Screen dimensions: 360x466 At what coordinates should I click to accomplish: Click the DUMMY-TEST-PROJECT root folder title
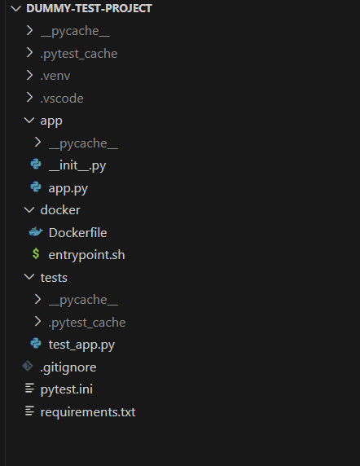tap(89, 8)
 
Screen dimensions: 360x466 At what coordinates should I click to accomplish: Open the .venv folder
tap(55, 76)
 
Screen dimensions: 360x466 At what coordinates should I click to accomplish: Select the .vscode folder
tap(62, 98)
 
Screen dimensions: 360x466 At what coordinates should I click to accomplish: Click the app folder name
tap(51, 121)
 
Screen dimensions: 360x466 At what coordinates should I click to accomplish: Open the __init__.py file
tap(77, 165)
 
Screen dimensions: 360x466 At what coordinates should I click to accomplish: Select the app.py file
tap(68, 188)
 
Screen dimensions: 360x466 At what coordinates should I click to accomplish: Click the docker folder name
tap(60, 210)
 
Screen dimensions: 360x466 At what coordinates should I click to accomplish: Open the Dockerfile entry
tap(78, 233)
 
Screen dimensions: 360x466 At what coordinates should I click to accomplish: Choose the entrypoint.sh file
tap(86, 255)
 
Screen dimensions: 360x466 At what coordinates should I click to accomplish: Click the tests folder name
tap(54, 278)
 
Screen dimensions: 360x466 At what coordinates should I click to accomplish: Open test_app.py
tap(81, 345)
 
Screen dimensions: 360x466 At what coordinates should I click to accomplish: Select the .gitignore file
tap(68, 367)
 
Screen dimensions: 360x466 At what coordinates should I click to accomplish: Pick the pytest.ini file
tap(67, 389)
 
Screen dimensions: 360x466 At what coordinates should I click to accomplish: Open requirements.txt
tap(88, 412)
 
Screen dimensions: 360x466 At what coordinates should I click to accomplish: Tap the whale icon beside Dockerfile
tap(36, 232)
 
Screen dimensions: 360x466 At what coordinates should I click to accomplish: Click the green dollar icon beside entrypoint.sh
tap(36, 254)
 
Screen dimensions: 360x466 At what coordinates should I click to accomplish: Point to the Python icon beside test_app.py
tap(36, 343)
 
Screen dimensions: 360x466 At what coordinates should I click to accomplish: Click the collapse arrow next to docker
tap(29, 210)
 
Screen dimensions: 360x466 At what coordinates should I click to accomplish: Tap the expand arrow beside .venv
tap(29, 75)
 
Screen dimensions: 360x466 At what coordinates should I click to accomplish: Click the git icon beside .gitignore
tap(28, 366)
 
